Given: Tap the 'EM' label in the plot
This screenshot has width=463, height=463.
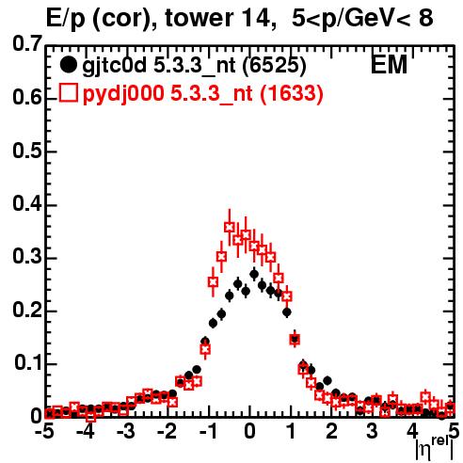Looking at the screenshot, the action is (389, 65).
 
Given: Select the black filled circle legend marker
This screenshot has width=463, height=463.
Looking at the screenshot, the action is (68, 65).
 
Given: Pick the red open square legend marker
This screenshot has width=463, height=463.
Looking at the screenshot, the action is (68, 93).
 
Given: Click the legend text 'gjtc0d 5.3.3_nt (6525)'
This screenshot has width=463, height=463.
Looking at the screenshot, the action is (194, 66).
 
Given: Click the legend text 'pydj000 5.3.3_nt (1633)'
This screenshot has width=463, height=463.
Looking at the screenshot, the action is (202, 94).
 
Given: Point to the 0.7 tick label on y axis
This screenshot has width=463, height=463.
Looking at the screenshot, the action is (27, 44).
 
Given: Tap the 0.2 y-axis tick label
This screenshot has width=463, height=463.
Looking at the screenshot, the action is (27, 310).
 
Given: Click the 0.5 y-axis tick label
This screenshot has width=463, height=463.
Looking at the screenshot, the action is (27, 151).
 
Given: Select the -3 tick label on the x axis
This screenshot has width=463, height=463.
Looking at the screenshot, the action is (125, 432).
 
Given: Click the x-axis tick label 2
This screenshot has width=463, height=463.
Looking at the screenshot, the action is (331, 432).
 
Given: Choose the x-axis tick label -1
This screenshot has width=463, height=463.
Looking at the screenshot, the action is (207, 432).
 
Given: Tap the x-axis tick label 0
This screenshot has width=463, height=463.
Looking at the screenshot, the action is (249, 432).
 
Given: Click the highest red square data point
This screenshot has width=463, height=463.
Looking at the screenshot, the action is (230, 227).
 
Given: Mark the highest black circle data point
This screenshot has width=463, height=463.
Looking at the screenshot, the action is (254, 274).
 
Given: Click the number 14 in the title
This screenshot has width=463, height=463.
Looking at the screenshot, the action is (257, 19).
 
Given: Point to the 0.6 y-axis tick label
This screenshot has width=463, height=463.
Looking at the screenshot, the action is (27, 97).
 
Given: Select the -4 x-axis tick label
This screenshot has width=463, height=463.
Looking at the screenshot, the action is (85, 432).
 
